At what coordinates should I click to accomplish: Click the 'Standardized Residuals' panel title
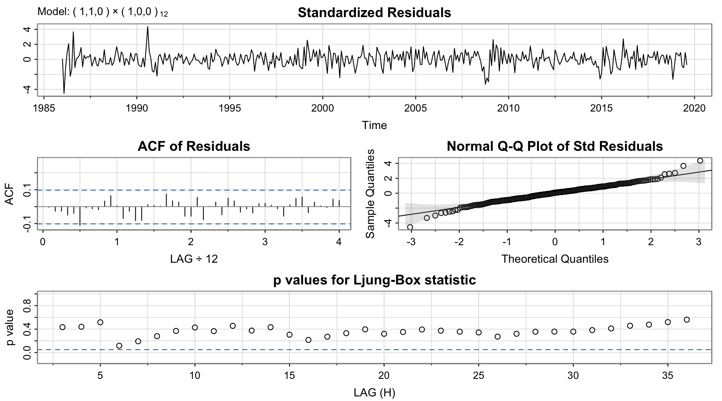(x=374, y=13)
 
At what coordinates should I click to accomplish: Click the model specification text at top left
(x=102, y=12)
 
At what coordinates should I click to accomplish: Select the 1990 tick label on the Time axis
(x=137, y=108)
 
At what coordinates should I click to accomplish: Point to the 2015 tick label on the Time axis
(x=601, y=108)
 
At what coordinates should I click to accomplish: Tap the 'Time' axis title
(x=374, y=125)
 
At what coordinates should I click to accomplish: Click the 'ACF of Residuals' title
(x=194, y=146)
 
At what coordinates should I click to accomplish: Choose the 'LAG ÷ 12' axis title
(x=194, y=259)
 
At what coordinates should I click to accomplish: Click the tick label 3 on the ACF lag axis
(x=265, y=242)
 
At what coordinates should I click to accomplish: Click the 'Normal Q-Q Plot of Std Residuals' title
(x=554, y=146)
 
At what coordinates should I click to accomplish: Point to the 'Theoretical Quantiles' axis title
(x=554, y=259)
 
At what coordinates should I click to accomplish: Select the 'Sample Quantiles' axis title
(x=370, y=193)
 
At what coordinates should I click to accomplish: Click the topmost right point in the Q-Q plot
(x=700, y=161)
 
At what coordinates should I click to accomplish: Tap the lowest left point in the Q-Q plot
(x=410, y=227)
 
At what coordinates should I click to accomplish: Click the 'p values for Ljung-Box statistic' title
(x=374, y=280)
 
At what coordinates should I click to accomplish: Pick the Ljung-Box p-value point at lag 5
(x=100, y=322)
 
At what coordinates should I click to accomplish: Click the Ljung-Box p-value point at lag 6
(x=119, y=346)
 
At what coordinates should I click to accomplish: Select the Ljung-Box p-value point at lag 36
(x=686, y=320)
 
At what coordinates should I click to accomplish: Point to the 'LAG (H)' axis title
(x=374, y=393)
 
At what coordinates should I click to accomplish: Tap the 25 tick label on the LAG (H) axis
(x=478, y=376)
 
